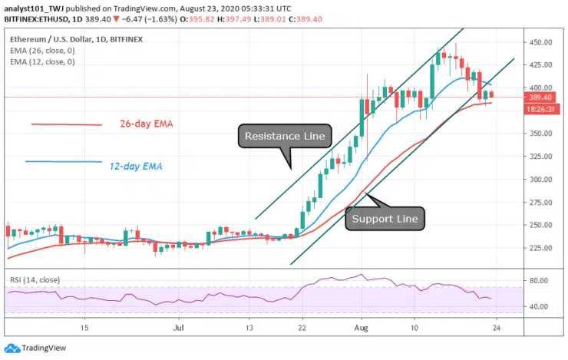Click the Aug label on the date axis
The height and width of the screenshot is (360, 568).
(x=362, y=327)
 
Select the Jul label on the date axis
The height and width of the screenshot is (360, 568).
(x=179, y=327)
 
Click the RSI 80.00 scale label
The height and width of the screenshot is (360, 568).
(x=539, y=281)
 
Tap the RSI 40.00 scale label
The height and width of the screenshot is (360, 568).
(x=539, y=306)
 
